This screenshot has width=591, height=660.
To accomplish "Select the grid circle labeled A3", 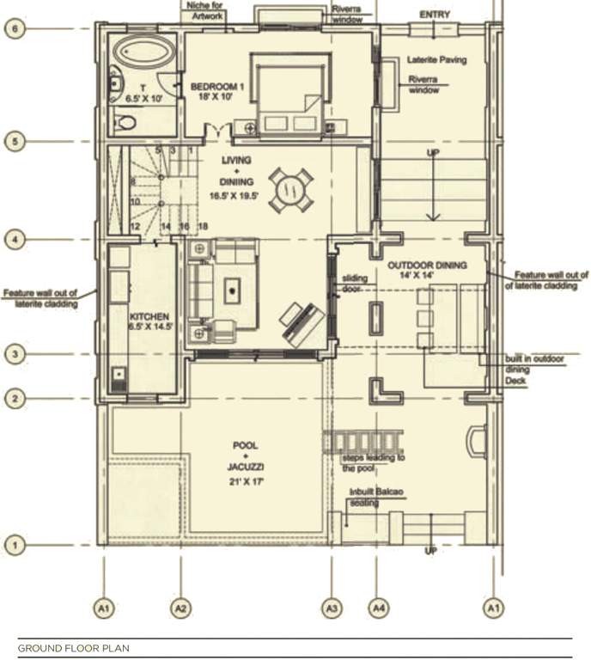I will (332, 608).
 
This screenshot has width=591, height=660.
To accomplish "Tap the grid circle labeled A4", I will (376, 608).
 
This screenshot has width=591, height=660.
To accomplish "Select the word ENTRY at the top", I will (435, 15).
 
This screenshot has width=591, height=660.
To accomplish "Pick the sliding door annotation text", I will (355, 284).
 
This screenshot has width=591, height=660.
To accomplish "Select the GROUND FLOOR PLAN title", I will (73, 648).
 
